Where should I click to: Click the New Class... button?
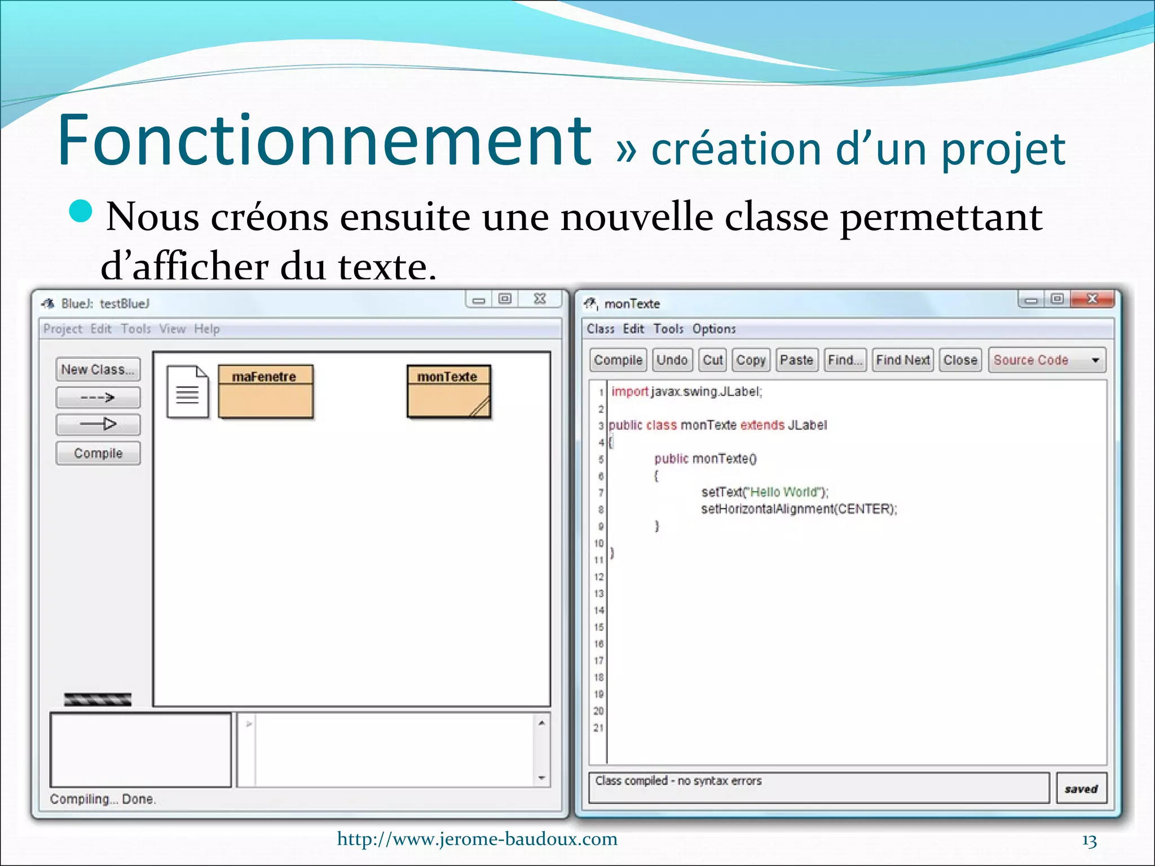98,370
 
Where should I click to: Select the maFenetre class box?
265,392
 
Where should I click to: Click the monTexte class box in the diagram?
448,392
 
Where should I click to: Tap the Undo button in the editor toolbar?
672,360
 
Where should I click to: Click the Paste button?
796,360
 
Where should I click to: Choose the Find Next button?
902,360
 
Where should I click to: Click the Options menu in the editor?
714,329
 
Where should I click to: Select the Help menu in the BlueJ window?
207,329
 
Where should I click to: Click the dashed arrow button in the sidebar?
98,397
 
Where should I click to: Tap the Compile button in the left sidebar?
98,453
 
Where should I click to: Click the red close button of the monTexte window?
1092,299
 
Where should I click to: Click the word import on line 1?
629,391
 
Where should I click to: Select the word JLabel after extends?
807,425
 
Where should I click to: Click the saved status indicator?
1081,789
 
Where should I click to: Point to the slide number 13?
1089,841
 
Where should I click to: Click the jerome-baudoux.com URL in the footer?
477,839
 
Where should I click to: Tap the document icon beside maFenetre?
187,392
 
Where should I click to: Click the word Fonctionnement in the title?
324,141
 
